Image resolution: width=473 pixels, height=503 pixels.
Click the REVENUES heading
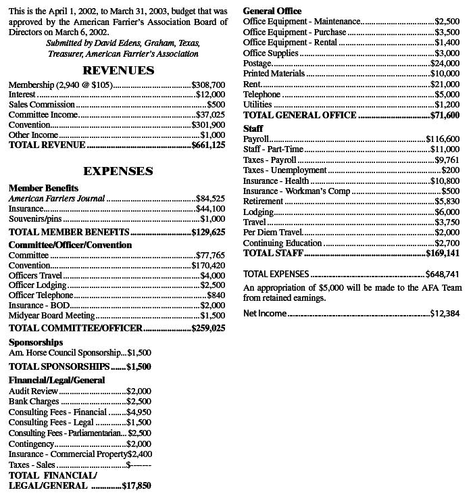pyautogui.click(x=118, y=70)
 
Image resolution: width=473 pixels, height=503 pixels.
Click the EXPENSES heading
pyautogui.click(x=118, y=171)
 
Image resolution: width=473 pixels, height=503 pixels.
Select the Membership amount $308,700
pyautogui.click(x=208, y=85)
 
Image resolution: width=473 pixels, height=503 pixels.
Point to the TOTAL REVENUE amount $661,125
pyautogui.click(x=208, y=145)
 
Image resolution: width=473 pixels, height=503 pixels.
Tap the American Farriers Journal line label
pyautogui.click(x=57, y=199)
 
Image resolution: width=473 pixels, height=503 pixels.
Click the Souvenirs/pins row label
pyautogui.click(x=35, y=219)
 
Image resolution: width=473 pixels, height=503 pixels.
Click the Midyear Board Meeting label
pyautogui.click(x=52, y=316)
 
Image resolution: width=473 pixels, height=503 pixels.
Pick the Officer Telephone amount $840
pyautogui.click(x=216, y=295)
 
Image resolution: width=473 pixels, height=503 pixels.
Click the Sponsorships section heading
pyautogui.click(x=36, y=342)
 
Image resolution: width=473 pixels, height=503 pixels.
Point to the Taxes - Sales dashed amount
pyautogui.click(x=139, y=465)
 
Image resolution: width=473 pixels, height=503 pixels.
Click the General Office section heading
pyautogui.click(x=272, y=11)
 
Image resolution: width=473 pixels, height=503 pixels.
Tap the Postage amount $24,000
pyautogui.click(x=445, y=63)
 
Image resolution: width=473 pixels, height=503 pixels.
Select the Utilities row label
pyautogui.click(x=257, y=105)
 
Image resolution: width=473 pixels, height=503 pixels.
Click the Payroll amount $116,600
pyautogui.click(x=443, y=139)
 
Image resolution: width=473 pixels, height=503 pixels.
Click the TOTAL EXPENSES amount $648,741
pyautogui.click(x=443, y=274)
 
